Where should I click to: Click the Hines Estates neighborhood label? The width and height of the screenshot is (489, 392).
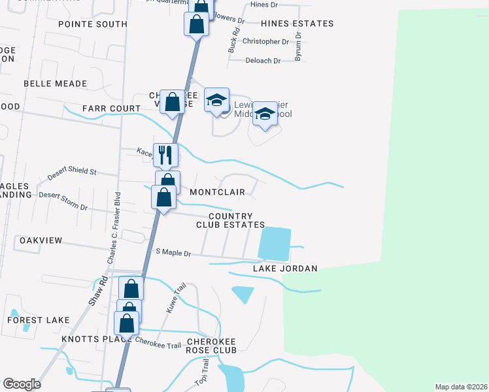[297, 24]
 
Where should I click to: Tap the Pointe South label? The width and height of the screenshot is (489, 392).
[92, 24]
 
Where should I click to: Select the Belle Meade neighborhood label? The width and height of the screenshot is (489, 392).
[55, 84]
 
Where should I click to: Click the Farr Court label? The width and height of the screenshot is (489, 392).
[111, 108]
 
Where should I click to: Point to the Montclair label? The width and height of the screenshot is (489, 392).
[217, 192]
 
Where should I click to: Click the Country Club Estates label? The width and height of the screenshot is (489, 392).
[231, 221]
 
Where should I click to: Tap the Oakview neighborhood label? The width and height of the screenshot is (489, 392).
[41, 240]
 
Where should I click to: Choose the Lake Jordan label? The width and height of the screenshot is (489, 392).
[285, 269]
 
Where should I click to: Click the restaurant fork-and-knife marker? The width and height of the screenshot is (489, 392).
[165, 155]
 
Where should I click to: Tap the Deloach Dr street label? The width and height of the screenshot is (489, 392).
[263, 61]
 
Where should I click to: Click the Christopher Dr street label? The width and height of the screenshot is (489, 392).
[265, 41]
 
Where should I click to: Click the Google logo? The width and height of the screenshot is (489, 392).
[22, 384]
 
